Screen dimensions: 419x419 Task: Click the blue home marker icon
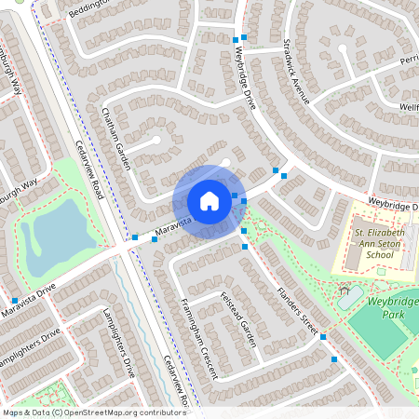coord(209,200)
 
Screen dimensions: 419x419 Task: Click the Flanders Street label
coord(297,310)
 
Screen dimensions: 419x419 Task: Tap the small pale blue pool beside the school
coord(350,297)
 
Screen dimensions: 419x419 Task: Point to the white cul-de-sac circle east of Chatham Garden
coord(155,140)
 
